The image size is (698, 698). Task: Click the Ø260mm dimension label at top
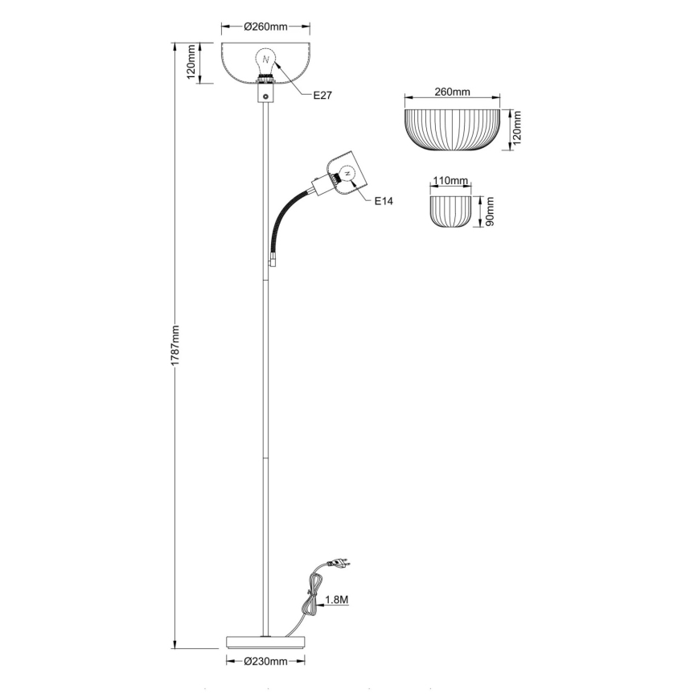pos(265,27)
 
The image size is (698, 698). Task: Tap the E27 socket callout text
pos(321,95)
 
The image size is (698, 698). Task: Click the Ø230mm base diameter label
pos(265,661)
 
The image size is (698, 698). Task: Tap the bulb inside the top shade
pos(265,59)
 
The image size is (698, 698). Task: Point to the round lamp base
pos(265,641)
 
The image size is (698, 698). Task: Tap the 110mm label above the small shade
pos(450,182)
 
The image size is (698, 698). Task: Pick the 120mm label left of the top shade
pos(191,62)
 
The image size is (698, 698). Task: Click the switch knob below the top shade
pos(265,95)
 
